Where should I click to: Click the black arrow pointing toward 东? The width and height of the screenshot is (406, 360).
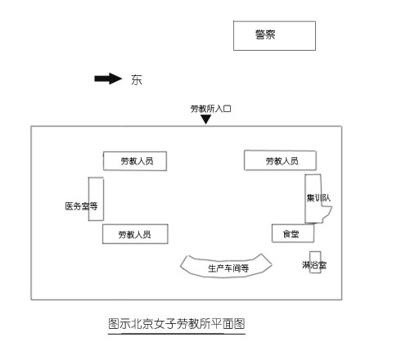click(x=108, y=79)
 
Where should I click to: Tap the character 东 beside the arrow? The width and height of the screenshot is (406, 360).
click(x=137, y=79)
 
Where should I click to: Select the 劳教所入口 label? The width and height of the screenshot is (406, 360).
click(x=210, y=109)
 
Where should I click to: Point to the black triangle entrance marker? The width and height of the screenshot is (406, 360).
click(x=206, y=119)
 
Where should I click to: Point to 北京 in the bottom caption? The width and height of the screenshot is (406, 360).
click(x=142, y=324)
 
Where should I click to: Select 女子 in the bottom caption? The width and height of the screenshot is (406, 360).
click(x=165, y=324)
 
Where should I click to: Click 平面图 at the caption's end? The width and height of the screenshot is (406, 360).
click(x=228, y=324)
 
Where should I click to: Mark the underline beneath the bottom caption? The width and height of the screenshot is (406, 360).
click(x=177, y=333)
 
